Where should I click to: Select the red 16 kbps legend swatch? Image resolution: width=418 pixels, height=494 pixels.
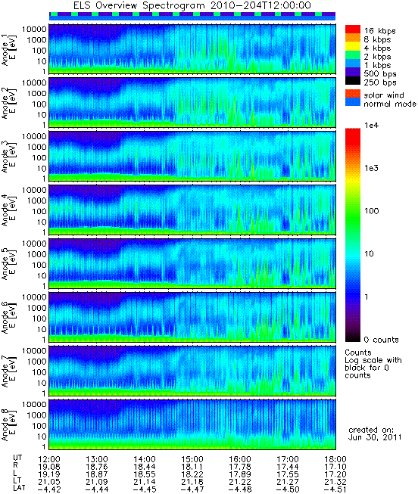point(353,30)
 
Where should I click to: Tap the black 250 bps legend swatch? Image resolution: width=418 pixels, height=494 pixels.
point(353,81)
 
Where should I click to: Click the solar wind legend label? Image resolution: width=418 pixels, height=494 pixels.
point(384,95)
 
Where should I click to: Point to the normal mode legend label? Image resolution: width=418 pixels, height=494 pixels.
point(390,104)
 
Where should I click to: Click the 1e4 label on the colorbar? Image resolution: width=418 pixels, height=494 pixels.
point(371,126)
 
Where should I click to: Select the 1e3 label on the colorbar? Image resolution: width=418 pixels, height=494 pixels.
point(371,168)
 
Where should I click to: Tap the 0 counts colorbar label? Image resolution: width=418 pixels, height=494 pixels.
point(381,340)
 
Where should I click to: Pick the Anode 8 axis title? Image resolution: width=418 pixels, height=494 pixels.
point(8,425)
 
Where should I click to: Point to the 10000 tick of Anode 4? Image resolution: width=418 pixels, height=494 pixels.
point(34,190)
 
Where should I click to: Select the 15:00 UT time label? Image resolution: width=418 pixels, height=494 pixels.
point(192,459)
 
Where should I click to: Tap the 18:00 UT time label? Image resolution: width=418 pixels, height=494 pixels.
point(335,459)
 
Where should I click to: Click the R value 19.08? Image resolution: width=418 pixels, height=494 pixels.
point(49,467)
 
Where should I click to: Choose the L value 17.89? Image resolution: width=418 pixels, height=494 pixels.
point(240,474)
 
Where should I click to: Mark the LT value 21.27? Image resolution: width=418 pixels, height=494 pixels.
point(288,482)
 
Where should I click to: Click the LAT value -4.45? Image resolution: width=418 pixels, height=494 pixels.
point(144,489)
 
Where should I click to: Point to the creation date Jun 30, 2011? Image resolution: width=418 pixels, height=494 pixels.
point(375,437)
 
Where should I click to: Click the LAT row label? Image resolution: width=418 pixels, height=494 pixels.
point(20,489)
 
